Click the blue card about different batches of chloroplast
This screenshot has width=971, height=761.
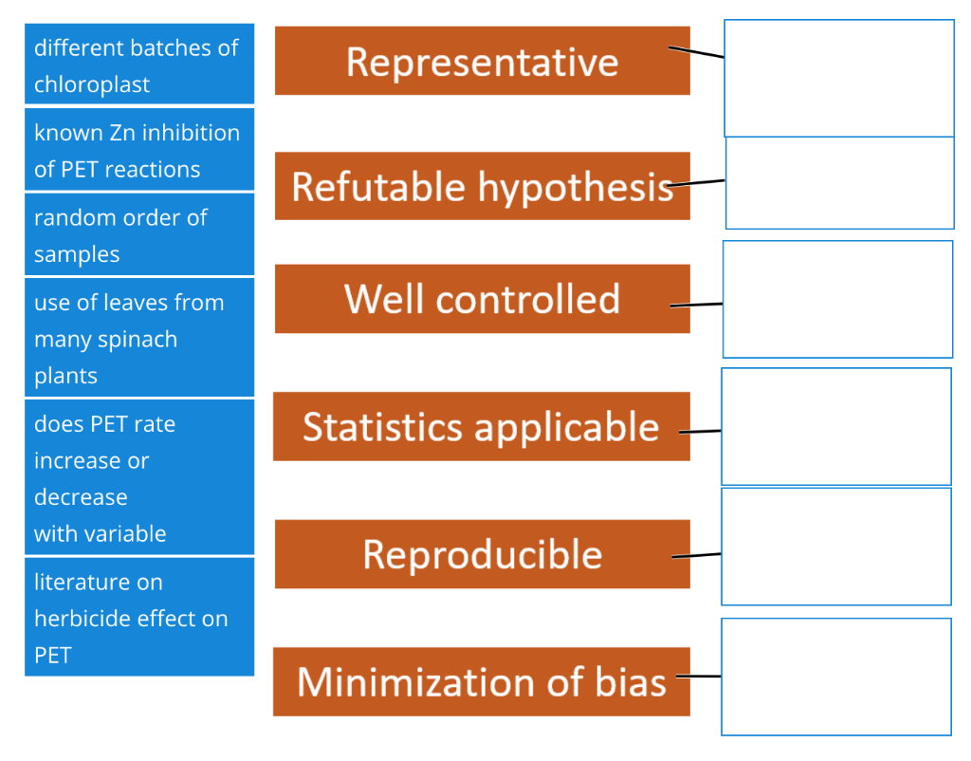(139, 65)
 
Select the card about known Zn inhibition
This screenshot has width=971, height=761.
(139, 150)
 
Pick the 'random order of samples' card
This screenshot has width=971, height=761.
(139, 234)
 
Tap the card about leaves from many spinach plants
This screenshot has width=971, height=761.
(139, 338)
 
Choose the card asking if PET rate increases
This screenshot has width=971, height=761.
(139, 477)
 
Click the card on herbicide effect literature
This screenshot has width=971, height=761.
(139, 617)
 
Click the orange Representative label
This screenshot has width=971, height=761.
(482, 62)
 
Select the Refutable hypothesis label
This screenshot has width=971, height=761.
(482, 186)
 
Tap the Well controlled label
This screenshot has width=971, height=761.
(482, 299)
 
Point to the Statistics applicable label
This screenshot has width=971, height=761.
(481, 427)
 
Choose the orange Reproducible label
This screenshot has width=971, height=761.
(482, 554)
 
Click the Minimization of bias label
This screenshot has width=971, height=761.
(481, 681)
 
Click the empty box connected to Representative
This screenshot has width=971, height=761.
(838, 79)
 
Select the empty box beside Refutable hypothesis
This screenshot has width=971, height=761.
(839, 183)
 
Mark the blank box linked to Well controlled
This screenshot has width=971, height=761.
(837, 299)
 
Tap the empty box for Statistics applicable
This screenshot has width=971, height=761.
(835, 427)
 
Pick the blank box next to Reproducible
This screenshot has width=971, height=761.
(835, 547)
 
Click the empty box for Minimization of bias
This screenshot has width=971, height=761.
(835, 677)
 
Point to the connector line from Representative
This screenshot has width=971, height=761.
(697, 52)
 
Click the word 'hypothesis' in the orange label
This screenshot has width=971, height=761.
(576, 187)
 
